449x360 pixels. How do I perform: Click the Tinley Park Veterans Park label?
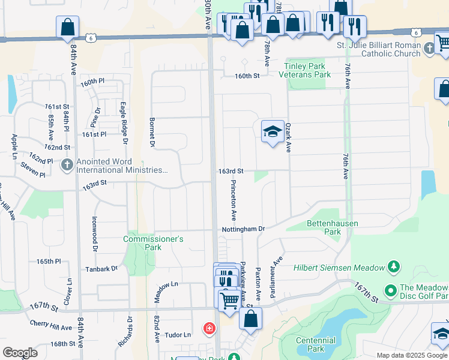pyautogui.click(x=305, y=71)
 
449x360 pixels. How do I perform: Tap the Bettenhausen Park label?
pyautogui.click(x=333, y=227)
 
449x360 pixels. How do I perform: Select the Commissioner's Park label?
pyautogui.click(x=153, y=243)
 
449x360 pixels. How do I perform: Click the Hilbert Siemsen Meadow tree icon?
pyautogui.click(x=394, y=266)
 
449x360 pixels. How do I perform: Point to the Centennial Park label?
pyautogui.click(x=315, y=344)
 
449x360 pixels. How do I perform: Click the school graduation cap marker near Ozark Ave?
pyautogui.click(x=273, y=132)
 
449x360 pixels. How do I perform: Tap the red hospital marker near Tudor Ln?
pyautogui.click(x=209, y=329)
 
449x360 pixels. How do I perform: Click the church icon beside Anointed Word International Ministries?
pyautogui.click(x=67, y=164)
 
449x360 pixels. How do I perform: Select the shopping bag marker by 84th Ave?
pyautogui.click(x=67, y=27)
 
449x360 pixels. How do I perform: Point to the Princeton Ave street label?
pyautogui.click(x=234, y=199)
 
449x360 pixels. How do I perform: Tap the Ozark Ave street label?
pyautogui.click(x=288, y=138)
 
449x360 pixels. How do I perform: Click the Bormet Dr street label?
pyautogui.click(x=152, y=132)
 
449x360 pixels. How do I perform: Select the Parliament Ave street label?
pyautogui.click(x=278, y=271)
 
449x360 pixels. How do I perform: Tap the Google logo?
pyautogui.click(x=20, y=353)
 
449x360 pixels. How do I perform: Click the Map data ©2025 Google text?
pyautogui.click(x=412, y=355)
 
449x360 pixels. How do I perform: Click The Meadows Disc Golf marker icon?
pyautogui.click(x=391, y=292)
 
